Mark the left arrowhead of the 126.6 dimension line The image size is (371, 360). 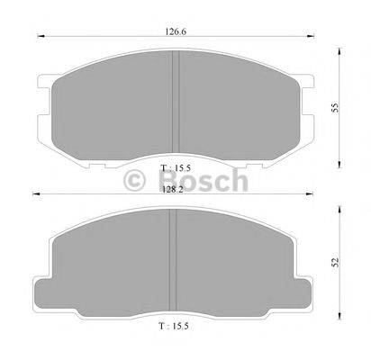click(37, 36)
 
